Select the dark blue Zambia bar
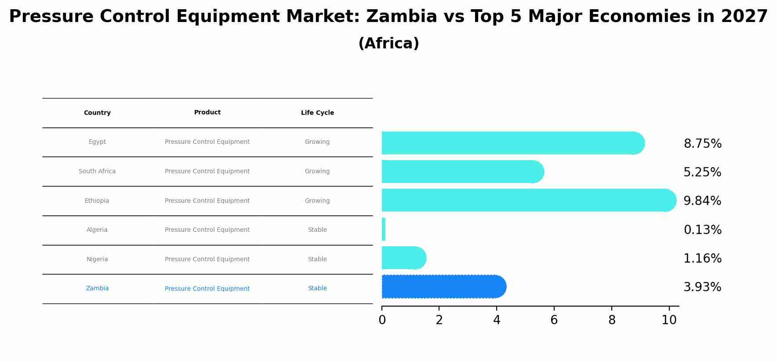[x=442, y=287]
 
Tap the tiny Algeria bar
[x=384, y=229]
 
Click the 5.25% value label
[x=702, y=172]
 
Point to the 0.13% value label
[x=702, y=230]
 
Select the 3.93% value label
[x=702, y=287]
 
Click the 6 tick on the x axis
[x=554, y=320]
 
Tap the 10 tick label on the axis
[x=669, y=320]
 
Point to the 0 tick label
[x=382, y=320]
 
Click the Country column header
[x=97, y=113]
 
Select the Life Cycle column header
[x=317, y=113]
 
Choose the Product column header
[x=207, y=113]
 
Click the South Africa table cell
[x=97, y=172]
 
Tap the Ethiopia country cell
[x=97, y=201]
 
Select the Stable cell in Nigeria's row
[x=317, y=260]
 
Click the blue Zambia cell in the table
[x=97, y=289]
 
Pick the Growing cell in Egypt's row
[x=317, y=142]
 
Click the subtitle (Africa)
[x=388, y=44]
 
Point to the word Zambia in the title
[x=401, y=17]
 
